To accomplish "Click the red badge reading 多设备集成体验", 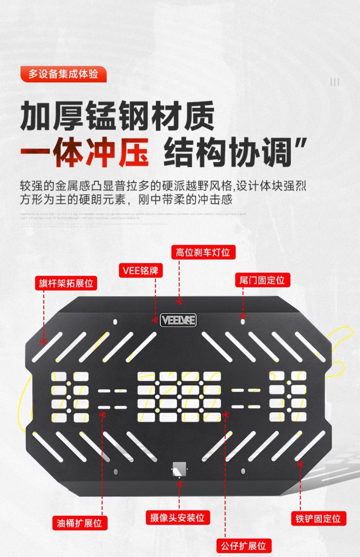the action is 63,74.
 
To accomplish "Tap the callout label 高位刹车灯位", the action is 203,252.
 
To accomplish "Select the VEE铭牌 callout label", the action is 141,271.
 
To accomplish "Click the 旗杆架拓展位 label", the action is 66,283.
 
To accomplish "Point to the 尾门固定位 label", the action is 262,280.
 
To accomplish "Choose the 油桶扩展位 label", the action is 80,523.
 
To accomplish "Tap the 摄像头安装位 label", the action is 177,518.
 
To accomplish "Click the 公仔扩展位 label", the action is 244,546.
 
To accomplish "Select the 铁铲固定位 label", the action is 318,518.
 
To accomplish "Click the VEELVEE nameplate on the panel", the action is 178,320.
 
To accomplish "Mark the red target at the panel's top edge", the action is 179,301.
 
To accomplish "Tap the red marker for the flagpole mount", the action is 44,341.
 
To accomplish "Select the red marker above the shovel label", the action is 300,464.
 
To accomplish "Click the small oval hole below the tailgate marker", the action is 243,322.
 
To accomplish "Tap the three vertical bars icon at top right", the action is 334,82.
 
